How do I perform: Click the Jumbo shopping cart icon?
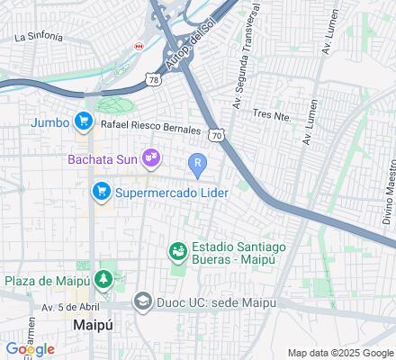84,120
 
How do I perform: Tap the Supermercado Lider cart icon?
101,191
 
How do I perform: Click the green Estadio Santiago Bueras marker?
178,250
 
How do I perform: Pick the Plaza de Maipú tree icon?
104,280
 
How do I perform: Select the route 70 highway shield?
215,135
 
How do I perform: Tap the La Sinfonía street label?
39,37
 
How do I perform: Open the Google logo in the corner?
30,349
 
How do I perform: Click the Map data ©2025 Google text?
341,352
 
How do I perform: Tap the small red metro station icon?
139,44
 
